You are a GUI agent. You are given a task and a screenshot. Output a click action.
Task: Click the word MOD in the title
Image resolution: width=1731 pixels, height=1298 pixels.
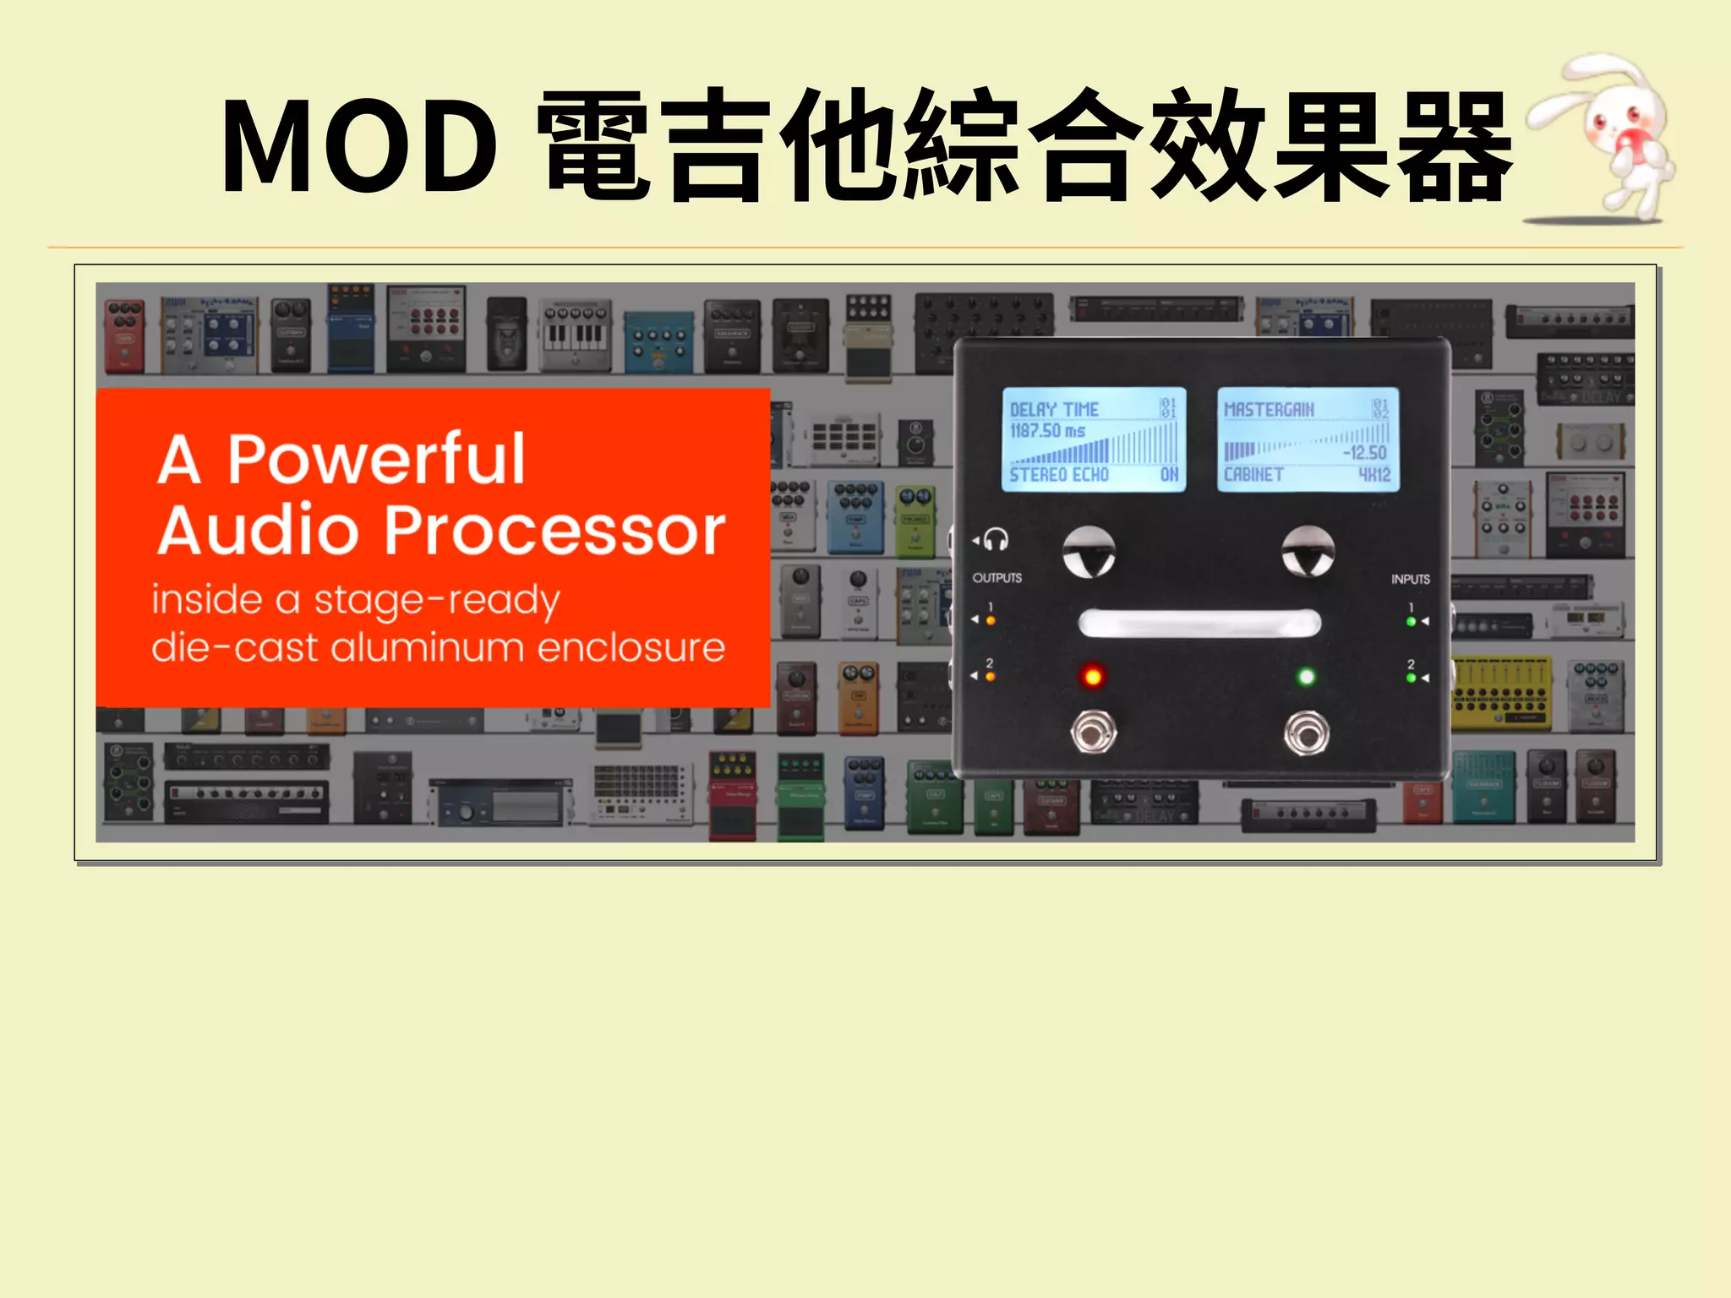(x=359, y=145)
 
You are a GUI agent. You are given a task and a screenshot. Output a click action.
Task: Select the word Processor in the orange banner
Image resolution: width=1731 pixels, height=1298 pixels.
(x=555, y=531)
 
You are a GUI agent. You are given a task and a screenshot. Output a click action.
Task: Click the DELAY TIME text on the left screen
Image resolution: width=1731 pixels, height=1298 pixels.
(x=1054, y=410)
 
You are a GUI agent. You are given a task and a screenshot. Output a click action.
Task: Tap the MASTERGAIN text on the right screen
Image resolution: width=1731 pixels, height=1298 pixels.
(x=1269, y=410)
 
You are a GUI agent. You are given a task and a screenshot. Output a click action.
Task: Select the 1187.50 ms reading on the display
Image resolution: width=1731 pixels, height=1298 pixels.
(x=1047, y=431)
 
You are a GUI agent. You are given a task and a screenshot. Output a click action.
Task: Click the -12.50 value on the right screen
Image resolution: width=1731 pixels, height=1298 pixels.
(x=1364, y=453)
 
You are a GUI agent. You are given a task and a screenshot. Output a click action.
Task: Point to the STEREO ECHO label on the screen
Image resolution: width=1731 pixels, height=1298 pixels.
(x=1059, y=475)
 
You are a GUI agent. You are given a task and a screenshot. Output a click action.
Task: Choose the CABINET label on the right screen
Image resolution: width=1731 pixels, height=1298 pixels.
(x=1253, y=475)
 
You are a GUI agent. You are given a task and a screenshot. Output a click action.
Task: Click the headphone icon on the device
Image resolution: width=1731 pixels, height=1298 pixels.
(x=996, y=539)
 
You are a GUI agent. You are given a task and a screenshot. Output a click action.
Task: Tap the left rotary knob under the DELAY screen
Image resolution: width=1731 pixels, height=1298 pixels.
(x=1089, y=552)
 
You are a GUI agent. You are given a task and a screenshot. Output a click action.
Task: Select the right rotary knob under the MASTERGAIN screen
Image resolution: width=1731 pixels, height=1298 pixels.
(x=1308, y=552)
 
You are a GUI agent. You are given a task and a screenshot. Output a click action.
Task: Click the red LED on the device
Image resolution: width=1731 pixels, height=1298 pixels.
(x=1093, y=676)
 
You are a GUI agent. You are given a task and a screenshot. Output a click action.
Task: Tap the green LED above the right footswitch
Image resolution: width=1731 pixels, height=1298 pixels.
(x=1307, y=676)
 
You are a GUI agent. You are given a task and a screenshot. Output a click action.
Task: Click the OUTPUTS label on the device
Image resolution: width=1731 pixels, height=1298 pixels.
(x=997, y=578)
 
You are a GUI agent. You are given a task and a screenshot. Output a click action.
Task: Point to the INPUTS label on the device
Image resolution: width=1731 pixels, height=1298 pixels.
(x=1411, y=580)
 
